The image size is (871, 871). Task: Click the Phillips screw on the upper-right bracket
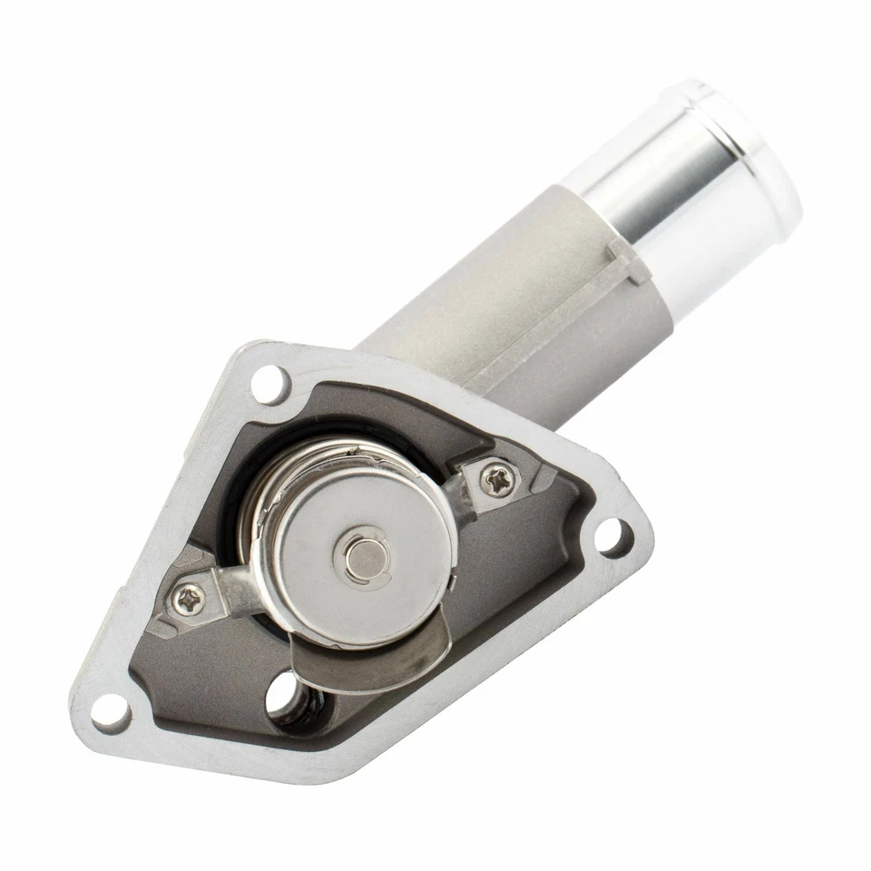(x=495, y=482)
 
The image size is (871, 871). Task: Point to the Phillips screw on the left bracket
(x=190, y=597)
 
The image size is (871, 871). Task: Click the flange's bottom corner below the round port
(x=299, y=771)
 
